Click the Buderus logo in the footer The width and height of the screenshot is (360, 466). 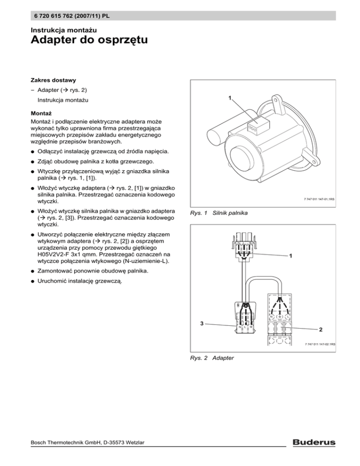click(x=314, y=442)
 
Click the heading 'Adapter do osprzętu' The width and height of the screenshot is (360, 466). click(x=89, y=39)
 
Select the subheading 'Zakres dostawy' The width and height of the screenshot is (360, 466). click(x=53, y=80)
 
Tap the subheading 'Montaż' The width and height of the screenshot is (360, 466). click(x=41, y=113)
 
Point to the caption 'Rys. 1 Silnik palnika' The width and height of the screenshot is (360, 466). click(x=219, y=213)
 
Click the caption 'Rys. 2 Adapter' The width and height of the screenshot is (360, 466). click(x=212, y=358)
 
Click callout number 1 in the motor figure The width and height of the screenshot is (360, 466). click(x=230, y=98)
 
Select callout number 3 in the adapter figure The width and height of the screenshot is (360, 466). click(x=202, y=323)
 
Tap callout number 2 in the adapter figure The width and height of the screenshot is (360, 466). click(x=321, y=329)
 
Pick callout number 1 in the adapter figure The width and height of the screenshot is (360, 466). click(x=291, y=256)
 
